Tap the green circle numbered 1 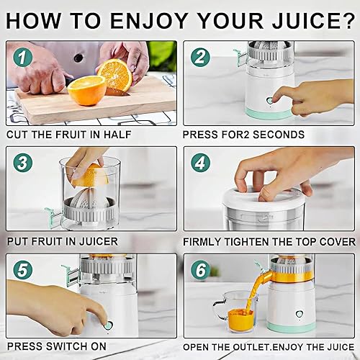point(23,56)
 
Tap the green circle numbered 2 point(200,56)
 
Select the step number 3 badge point(23,162)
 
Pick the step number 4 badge point(200,162)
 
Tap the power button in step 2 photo point(269,102)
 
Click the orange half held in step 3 point(88,175)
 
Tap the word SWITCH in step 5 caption point(73,347)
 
